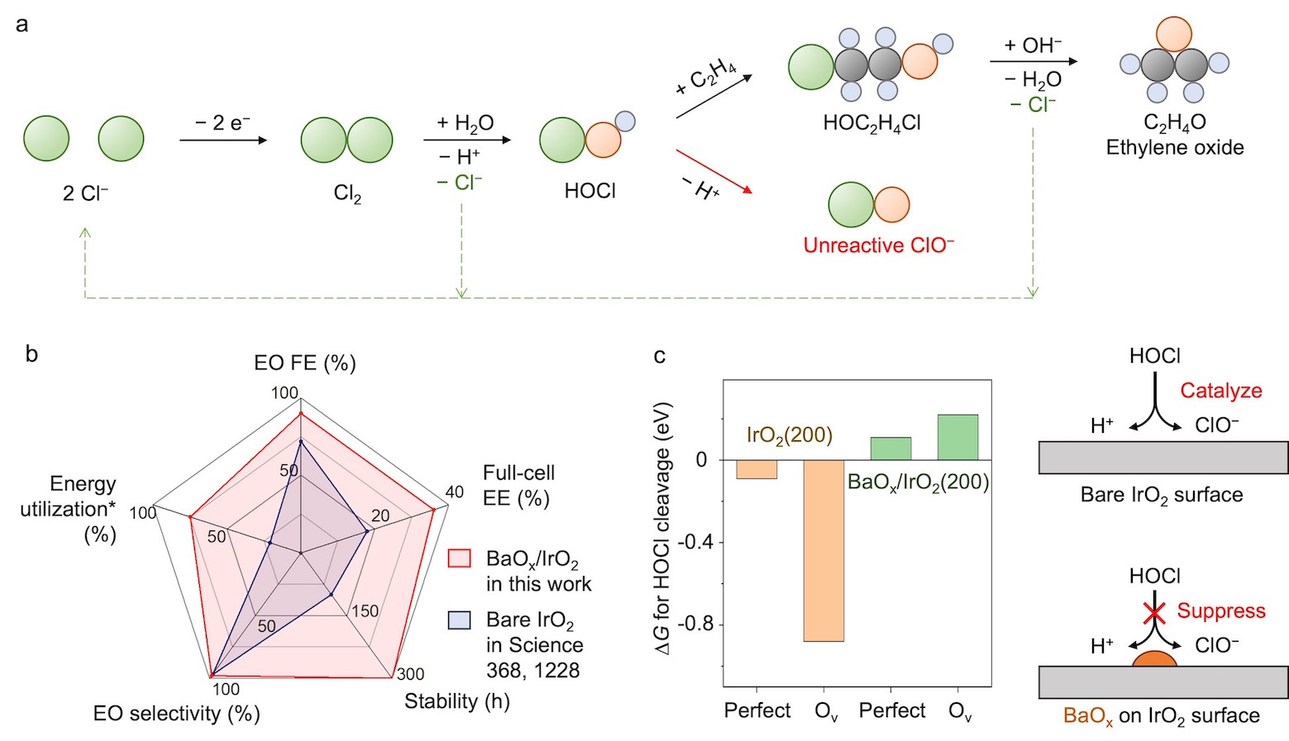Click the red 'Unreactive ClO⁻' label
tap(878, 245)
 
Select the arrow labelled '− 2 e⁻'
tap(223, 140)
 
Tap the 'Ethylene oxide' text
tap(1174, 148)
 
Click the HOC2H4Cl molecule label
tap(871, 123)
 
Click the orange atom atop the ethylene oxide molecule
tap(1173, 34)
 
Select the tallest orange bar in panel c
tap(824, 550)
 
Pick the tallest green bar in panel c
tap(957, 437)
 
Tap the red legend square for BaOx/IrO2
tap(459, 558)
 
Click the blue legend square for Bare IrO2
tap(459, 620)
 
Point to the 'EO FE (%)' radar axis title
tap(304, 363)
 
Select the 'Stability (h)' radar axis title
tap(456, 701)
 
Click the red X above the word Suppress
tap(1154, 612)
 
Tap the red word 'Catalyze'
tap(1220, 391)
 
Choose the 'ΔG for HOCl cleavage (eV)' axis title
tap(663, 529)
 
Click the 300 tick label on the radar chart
tap(410, 674)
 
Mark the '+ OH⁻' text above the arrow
tap(1033, 45)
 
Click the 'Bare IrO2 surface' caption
tap(1161, 496)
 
